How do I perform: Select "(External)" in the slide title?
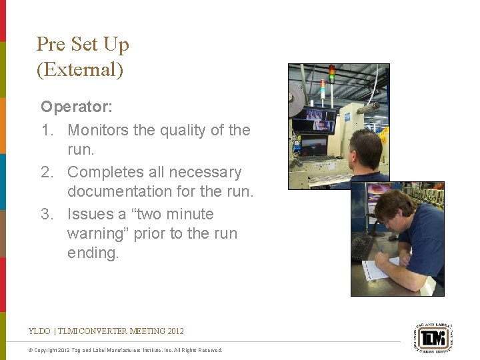coord(79,69)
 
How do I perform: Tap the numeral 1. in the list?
coord(48,130)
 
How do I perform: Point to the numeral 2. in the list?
coord(48,172)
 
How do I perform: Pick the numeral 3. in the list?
coord(48,214)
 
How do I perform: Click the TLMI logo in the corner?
coord(434,339)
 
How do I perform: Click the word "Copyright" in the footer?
coord(47,350)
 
